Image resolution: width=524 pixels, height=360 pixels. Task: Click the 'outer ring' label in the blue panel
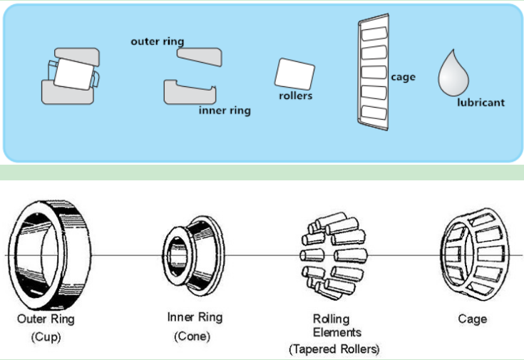coord(158,41)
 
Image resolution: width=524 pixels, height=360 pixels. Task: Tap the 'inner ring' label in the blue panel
coord(225,110)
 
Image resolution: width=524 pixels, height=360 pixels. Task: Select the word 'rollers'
coord(296,96)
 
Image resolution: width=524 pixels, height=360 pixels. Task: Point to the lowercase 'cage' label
coord(404,77)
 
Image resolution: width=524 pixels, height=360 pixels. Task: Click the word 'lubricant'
coord(481,102)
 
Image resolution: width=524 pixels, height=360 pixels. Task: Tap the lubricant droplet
coord(453,75)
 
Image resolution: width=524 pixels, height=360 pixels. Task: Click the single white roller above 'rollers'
coord(294,74)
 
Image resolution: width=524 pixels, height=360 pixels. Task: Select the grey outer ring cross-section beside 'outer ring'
coord(200,57)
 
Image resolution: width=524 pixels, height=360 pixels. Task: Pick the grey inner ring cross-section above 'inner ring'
coord(190,92)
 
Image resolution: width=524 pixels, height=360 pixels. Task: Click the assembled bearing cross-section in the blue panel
coord(71,76)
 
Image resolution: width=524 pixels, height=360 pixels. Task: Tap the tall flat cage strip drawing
coord(374,72)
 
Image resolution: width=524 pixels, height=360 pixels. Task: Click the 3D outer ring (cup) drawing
coord(49,254)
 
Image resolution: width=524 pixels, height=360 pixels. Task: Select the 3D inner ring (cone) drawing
coord(194,256)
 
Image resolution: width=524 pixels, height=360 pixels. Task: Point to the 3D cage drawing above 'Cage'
coord(475,254)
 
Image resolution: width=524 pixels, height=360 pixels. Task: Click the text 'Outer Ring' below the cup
coord(46,319)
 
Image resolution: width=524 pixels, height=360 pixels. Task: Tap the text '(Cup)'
coord(46,336)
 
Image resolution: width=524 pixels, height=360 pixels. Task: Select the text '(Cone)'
coord(192,336)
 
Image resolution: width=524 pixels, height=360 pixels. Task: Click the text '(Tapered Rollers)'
coord(334,349)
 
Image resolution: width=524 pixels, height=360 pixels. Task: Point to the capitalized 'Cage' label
coord(472,319)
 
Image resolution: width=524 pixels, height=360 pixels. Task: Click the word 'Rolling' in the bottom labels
coord(332,319)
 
